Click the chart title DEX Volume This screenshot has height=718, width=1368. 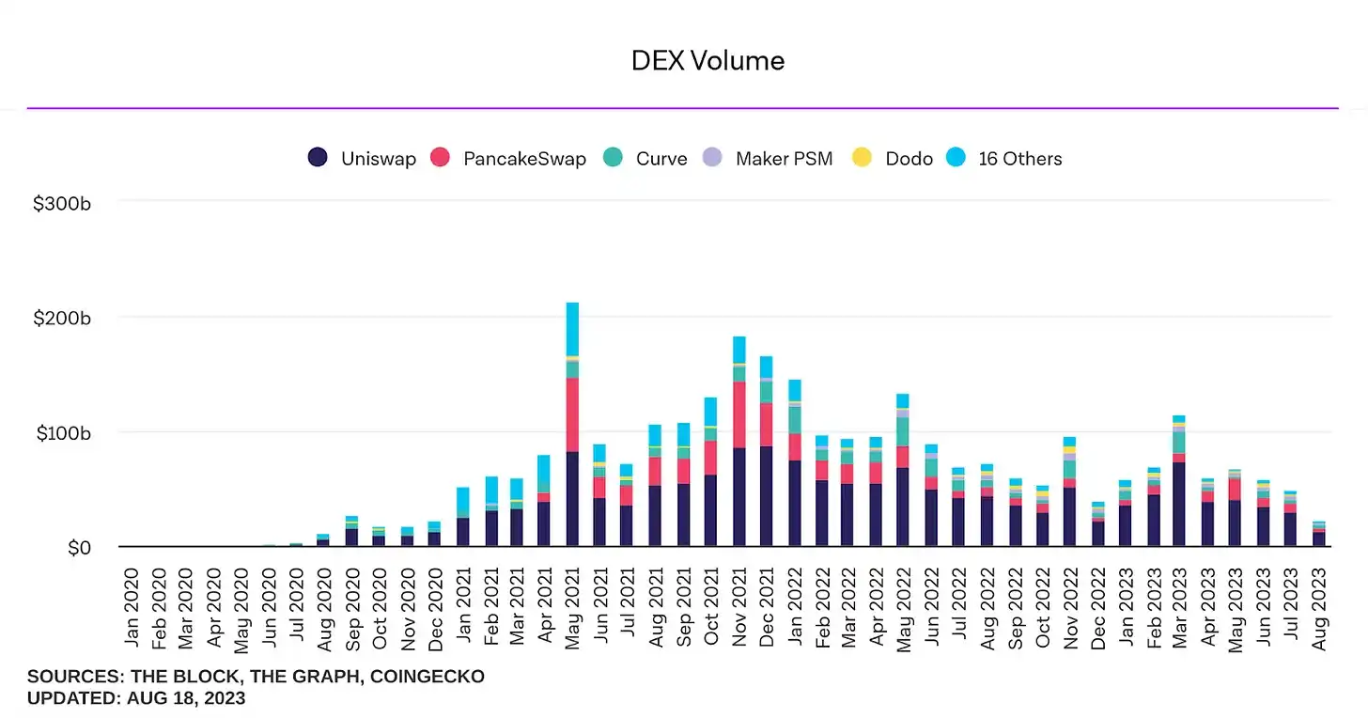pyautogui.click(x=707, y=61)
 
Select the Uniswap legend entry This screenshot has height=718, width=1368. pyautogui.click(x=363, y=158)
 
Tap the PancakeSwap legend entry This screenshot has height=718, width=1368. pyautogui.click(x=508, y=158)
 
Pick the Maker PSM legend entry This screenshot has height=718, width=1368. pyautogui.click(x=769, y=158)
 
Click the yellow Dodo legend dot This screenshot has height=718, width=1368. pyautogui.click(x=862, y=158)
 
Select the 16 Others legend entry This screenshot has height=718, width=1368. pyautogui.click(x=1005, y=158)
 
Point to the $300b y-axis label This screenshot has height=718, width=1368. pyautogui.click(x=61, y=203)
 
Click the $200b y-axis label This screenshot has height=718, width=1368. pyautogui.click(x=61, y=319)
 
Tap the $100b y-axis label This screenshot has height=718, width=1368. pyautogui.click(x=61, y=433)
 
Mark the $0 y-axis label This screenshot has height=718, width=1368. pyautogui.click(x=79, y=548)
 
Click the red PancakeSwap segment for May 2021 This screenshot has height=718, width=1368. pyautogui.click(x=572, y=414)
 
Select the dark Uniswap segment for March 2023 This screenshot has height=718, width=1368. pyautogui.click(x=1178, y=504)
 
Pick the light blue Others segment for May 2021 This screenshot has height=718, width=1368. pyautogui.click(x=572, y=329)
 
